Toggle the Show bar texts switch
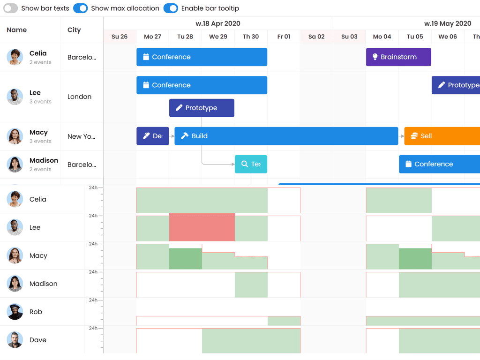point(11,8)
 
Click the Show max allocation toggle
point(81,8)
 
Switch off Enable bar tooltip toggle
point(171,8)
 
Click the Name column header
point(17,30)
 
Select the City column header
point(74,30)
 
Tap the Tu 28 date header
point(185,37)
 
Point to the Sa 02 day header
point(316,37)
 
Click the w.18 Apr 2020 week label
point(218,23)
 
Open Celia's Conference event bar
point(202,57)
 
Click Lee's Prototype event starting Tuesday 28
point(202,108)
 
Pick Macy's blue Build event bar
point(286,136)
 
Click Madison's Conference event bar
point(439,164)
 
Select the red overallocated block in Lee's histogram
point(202,227)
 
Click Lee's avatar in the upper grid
point(15,97)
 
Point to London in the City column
point(80,97)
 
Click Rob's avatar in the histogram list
point(15,312)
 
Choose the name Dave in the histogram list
point(38,340)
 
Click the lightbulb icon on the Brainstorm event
point(375,57)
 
